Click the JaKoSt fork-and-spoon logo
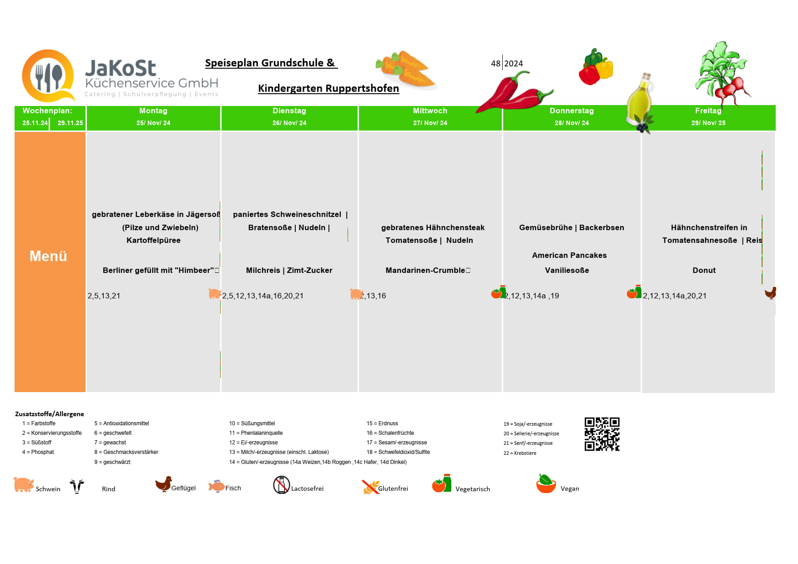48,76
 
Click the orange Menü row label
49,257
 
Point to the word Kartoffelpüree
153,241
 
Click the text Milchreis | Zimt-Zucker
289,271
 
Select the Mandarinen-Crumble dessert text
425,271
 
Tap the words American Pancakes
569,256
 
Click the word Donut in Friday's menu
704,271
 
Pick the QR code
602,434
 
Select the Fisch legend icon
217,486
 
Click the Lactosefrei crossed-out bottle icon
282,485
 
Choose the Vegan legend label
570,489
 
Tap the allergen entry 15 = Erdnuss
382,423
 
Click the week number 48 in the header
495,64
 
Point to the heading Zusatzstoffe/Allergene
50,414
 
